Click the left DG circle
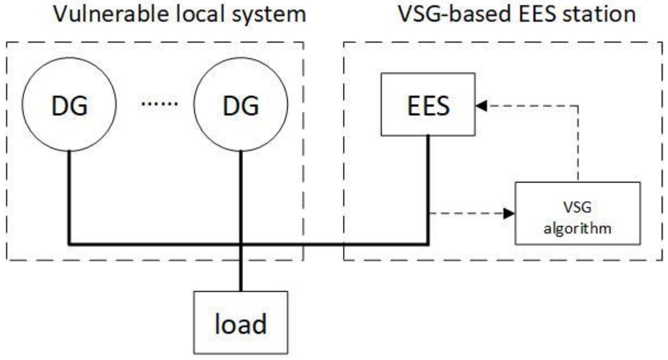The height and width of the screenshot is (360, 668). coord(69,104)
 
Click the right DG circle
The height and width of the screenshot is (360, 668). coord(241,104)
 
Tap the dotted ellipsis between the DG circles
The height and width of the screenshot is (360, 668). coord(159,103)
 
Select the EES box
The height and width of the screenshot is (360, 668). coord(428,105)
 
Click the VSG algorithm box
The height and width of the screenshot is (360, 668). coord(577,213)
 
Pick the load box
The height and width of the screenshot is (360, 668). coord(241,323)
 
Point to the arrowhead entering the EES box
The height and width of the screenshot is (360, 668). coord(481,106)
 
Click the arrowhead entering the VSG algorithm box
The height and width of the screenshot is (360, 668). coord(509,213)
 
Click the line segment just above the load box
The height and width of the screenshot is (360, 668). coord(241,277)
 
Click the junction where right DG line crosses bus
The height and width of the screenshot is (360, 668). coord(241,244)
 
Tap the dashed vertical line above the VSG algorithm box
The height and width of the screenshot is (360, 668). coord(578,143)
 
